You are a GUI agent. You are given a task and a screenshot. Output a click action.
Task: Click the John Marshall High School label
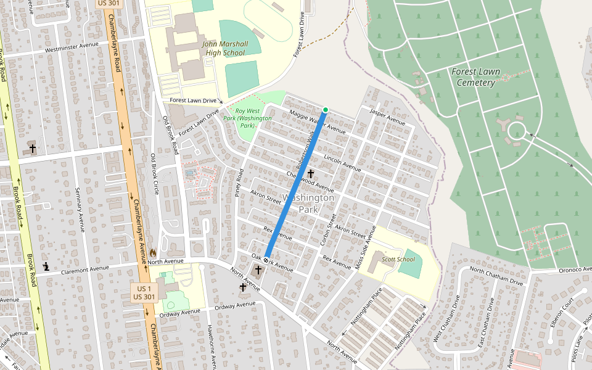[225, 48]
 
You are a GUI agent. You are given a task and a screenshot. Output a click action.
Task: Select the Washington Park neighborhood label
[308, 203]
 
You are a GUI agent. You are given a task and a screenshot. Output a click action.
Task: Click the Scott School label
[398, 259]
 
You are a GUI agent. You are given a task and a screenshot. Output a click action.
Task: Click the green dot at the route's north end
[326, 110]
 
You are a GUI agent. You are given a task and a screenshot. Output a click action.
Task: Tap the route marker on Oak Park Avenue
[266, 261]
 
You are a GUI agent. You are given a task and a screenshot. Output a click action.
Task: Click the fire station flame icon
[152, 252]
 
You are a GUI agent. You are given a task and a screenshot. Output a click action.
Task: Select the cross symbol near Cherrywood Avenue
[311, 175]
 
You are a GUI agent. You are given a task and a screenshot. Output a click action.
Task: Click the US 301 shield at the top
[110, 3]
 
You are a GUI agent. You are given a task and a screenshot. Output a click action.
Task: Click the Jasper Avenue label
[387, 116]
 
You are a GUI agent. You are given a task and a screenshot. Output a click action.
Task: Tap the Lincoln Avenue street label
[342, 163]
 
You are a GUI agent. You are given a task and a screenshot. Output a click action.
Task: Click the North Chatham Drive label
[496, 275]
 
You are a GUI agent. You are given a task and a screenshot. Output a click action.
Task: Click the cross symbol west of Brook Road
[32, 148]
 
